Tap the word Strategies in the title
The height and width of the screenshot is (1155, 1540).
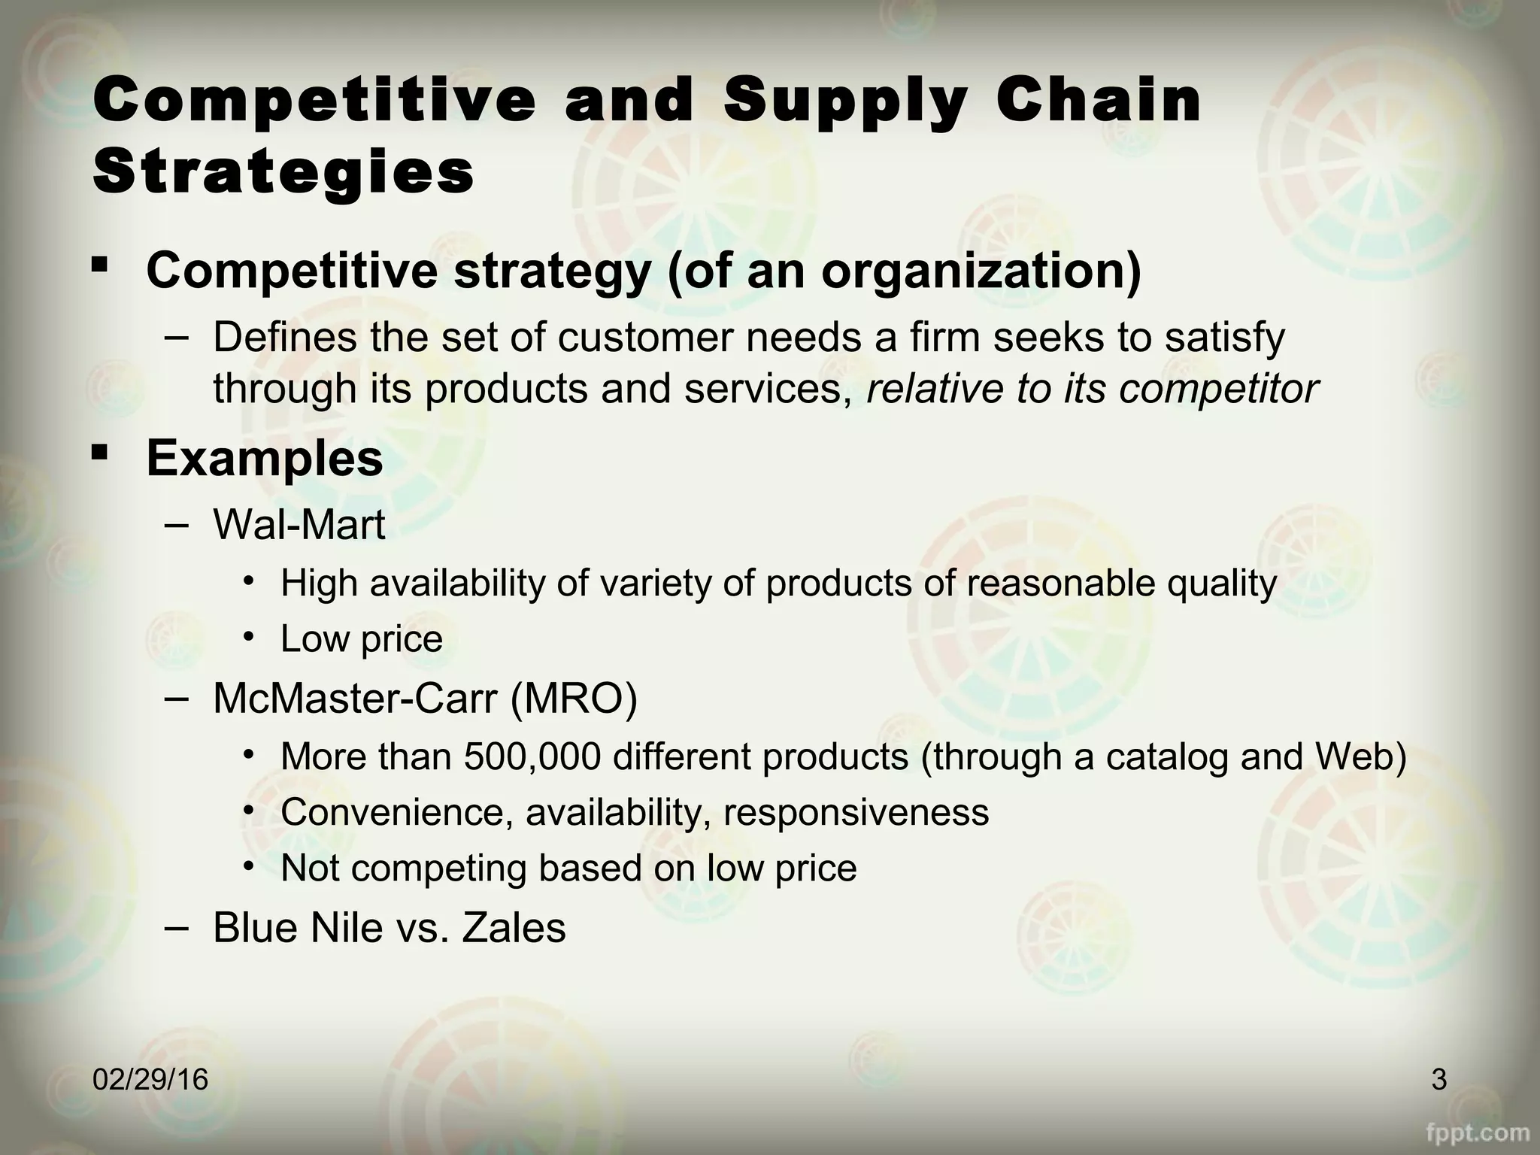coord(283,172)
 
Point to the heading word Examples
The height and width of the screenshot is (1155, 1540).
coord(265,458)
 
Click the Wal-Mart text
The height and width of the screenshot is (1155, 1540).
coord(299,524)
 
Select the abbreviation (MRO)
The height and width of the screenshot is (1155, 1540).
coord(574,698)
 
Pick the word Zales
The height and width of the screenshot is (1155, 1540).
coord(514,927)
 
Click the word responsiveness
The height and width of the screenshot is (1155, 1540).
coord(856,812)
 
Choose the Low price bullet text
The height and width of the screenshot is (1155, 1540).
coord(362,639)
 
